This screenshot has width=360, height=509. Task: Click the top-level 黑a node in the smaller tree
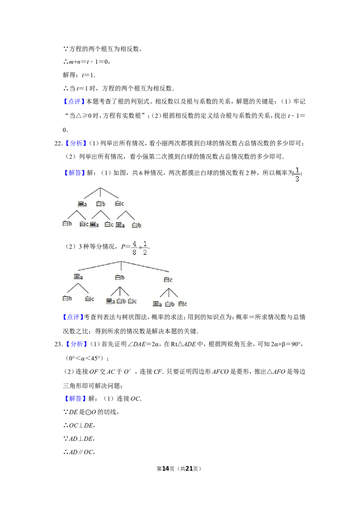pyautogui.click(x=82, y=204)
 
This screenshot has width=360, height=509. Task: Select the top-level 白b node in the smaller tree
pyautogui.click(x=101, y=204)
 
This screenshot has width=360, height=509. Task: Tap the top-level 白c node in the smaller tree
pyautogui.click(x=119, y=204)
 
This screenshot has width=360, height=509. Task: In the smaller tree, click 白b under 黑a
pyautogui.click(x=67, y=223)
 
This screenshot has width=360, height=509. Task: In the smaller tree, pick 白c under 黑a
pyautogui.click(x=84, y=224)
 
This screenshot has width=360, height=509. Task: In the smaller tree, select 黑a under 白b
pyautogui.click(x=94, y=224)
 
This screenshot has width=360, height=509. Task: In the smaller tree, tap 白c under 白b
pyautogui.click(x=109, y=224)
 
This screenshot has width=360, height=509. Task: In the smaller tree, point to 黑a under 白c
pyautogui.click(x=120, y=225)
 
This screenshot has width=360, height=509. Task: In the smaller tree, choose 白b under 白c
pyautogui.click(x=136, y=225)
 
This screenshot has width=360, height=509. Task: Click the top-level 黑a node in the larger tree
pyautogui.click(x=78, y=277)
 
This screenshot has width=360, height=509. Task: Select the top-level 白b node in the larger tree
pyautogui.click(x=120, y=277)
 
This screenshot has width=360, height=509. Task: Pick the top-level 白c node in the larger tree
pyautogui.click(x=168, y=280)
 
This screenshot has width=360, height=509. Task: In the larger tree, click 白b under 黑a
pyautogui.click(x=67, y=298)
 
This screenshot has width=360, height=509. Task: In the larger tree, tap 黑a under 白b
pyautogui.click(x=111, y=301)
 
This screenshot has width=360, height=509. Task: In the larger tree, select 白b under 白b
pyautogui.click(x=121, y=301)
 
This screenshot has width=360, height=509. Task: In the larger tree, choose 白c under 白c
pyautogui.click(x=182, y=304)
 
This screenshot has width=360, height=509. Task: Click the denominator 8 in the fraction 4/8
pyautogui.click(x=135, y=252)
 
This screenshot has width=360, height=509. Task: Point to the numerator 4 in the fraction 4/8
pyautogui.click(x=135, y=244)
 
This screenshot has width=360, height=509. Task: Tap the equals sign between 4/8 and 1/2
pyautogui.click(x=139, y=248)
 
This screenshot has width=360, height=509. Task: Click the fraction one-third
pyautogui.click(x=297, y=174)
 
